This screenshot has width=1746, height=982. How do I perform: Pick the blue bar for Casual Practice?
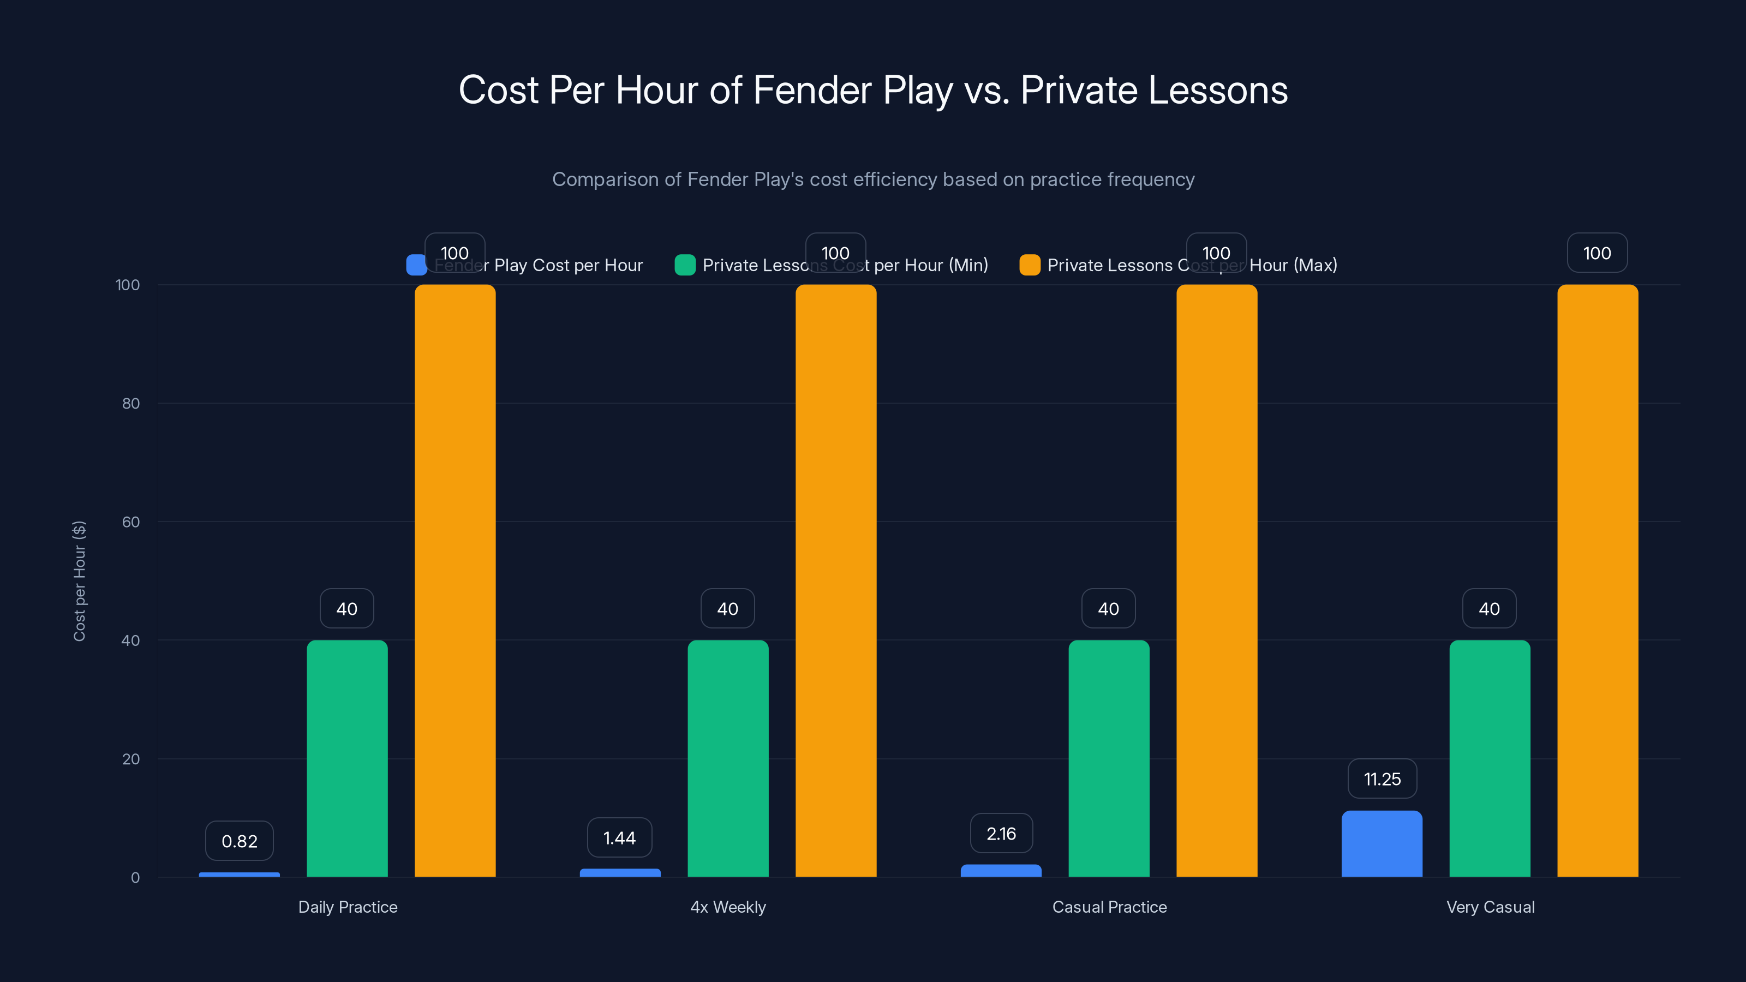(1001, 870)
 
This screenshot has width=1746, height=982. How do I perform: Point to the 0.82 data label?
(240, 841)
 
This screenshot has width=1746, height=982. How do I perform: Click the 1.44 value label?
(619, 837)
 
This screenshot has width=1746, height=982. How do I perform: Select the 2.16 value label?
(1001, 834)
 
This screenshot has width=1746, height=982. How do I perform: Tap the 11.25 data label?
(1382, 779)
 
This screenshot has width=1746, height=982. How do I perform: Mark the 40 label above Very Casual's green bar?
(1489, 609)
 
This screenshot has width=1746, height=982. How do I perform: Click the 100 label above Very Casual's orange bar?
(1597, 253)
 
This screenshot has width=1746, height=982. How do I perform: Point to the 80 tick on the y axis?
(131, 403)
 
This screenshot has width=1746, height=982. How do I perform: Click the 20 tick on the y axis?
(131, 759)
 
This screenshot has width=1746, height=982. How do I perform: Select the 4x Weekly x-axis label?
(728, 907)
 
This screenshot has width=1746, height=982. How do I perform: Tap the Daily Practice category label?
(348, 907)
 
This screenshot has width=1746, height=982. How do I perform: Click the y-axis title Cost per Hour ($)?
(79, 581)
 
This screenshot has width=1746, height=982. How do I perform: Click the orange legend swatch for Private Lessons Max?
(1030, 265)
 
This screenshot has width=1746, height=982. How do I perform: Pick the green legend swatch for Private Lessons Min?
(685, 265)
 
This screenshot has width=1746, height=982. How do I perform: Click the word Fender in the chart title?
(812, 90)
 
